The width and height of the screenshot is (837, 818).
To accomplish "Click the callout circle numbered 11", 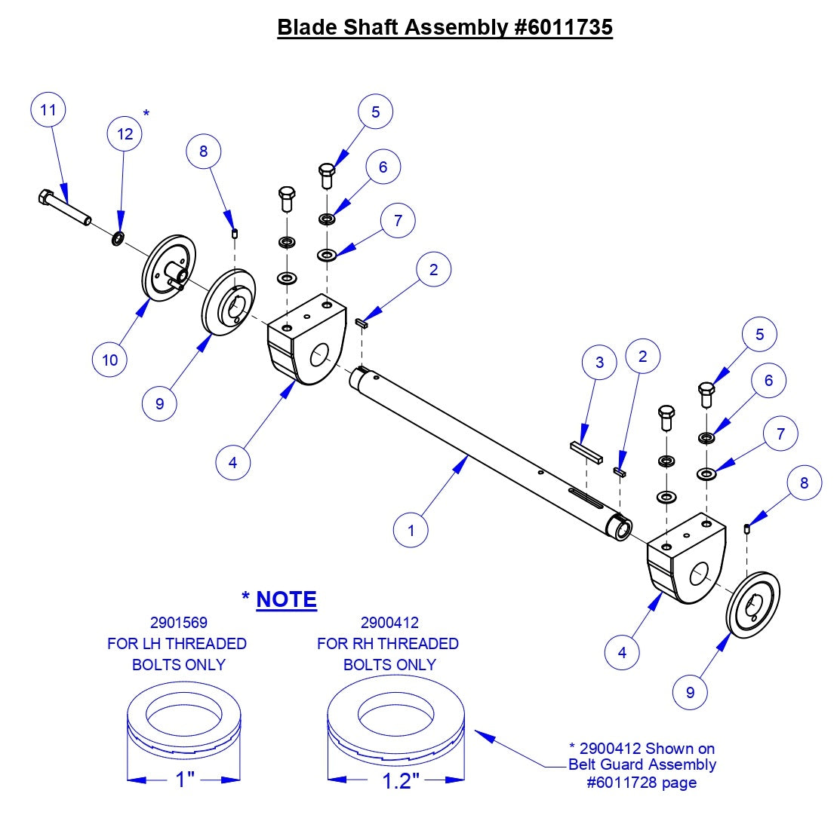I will pos(48,111).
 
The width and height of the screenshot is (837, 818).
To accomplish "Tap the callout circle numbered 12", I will pos(125,134).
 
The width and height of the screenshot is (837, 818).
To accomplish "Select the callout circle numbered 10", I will pos(110,360).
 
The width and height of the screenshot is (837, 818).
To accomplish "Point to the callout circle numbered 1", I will pos(411,530).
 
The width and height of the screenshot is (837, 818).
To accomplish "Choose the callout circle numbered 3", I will pos(599,363).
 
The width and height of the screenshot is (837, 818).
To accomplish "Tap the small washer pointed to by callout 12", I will pos(118,239).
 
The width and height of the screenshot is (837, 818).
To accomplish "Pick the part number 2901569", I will pos(178,623).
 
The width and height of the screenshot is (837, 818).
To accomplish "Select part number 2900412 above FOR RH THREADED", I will pos(389,623).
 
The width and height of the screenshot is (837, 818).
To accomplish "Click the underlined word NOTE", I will pos(287,599).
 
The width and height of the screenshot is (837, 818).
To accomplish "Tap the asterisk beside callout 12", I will pos(146,114).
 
